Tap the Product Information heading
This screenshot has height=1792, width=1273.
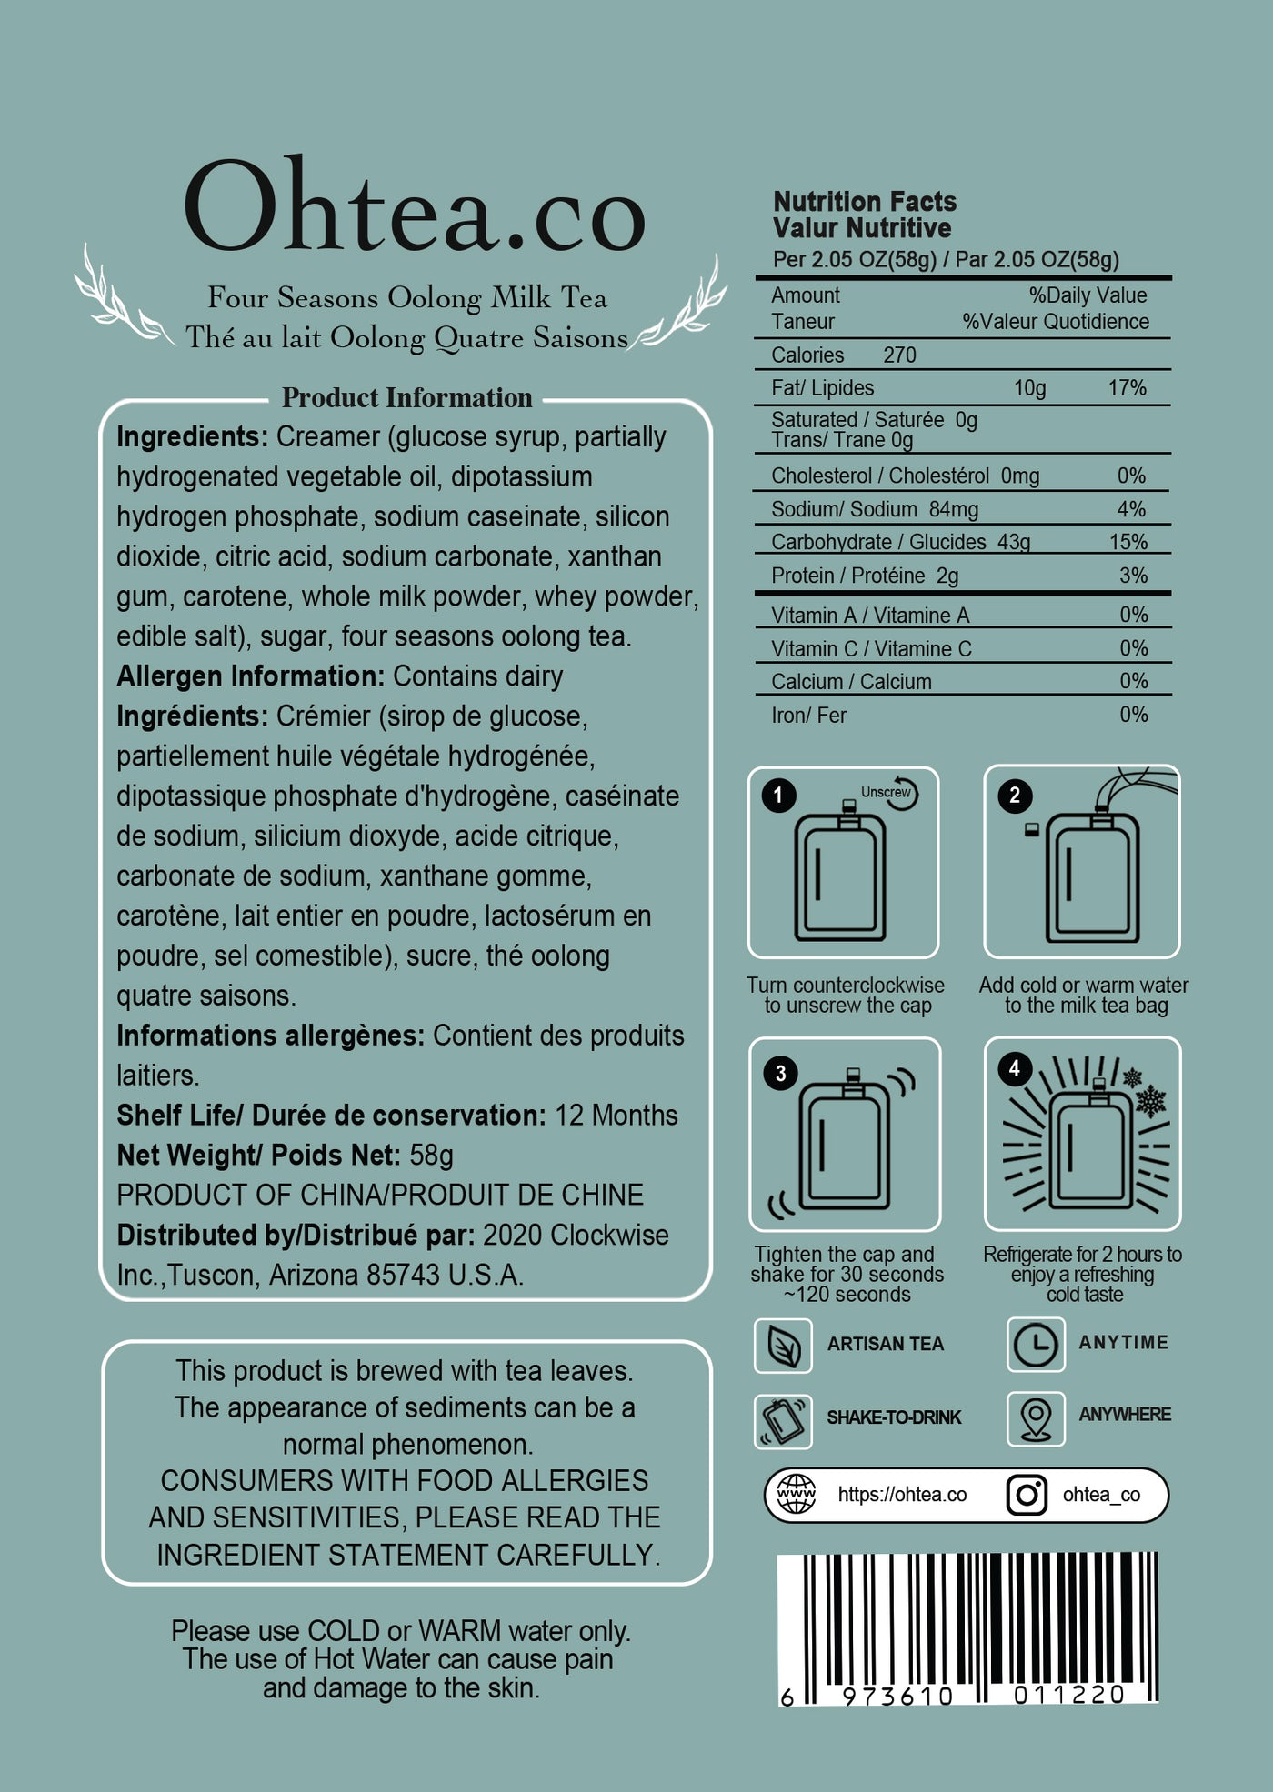406,398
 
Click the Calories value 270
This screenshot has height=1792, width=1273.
899,355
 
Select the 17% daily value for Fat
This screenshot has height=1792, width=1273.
1127,388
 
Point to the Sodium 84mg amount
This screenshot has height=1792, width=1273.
953,509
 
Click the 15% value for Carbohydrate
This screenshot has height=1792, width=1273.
1128,542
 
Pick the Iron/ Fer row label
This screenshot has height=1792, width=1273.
808,716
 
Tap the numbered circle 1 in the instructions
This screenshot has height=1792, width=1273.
778,796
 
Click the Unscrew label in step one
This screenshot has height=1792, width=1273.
885,792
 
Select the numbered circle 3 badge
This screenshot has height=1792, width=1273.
780,1074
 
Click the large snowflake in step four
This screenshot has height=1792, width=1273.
1151,1101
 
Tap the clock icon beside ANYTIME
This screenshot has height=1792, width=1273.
1036,1344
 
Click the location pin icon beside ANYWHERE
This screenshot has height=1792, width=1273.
1036,1417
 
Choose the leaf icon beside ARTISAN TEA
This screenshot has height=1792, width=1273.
783,1346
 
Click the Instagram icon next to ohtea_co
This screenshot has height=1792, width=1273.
1027,1495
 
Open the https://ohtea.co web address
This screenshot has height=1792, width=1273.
902,1495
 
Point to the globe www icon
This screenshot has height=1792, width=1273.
796,1494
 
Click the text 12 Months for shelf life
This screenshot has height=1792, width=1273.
616,1116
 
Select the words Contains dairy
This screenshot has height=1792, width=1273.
477,676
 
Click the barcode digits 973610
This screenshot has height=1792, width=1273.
897,1696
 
